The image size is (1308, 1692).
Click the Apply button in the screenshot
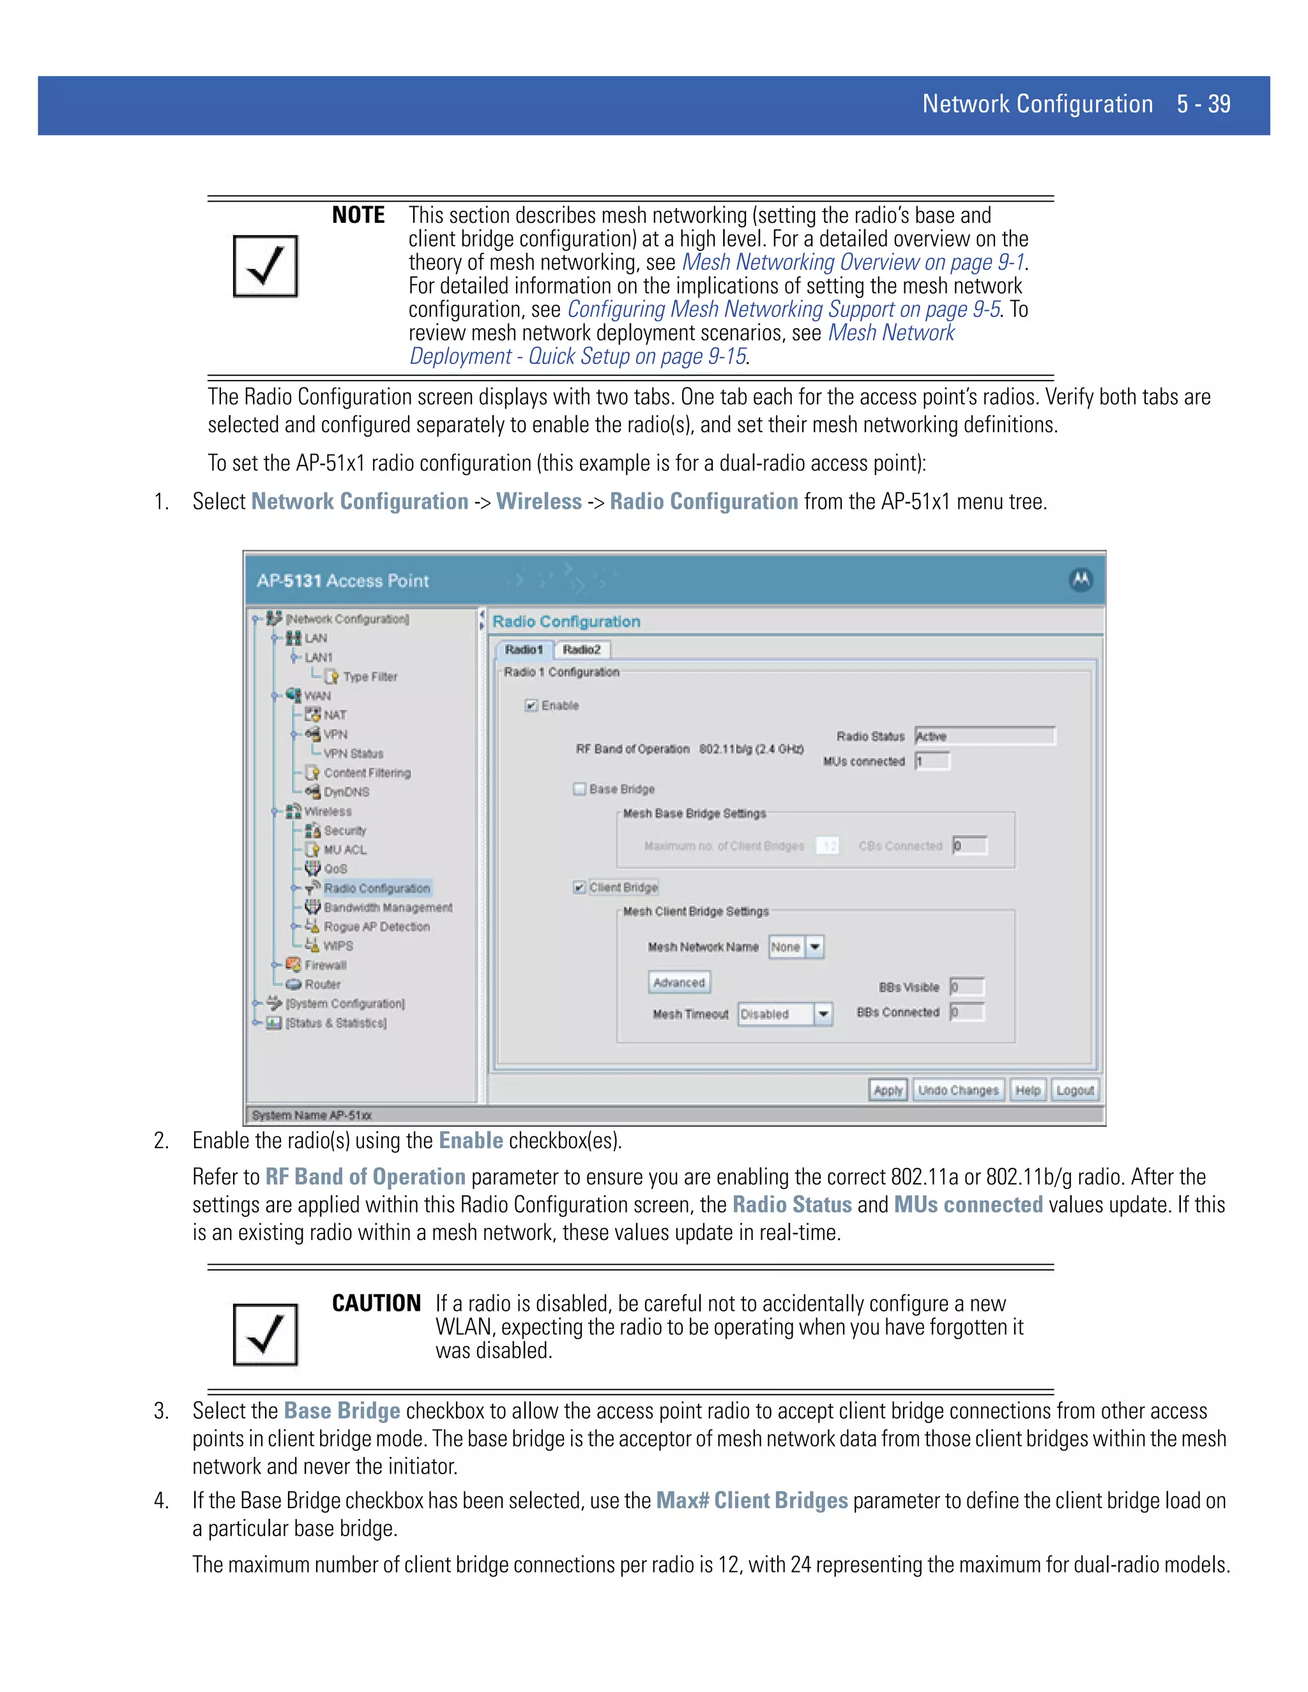pos(887,1090)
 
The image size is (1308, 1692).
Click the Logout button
pos(1075,1090)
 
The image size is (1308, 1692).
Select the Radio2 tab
pos(582,649)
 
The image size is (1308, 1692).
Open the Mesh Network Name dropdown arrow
pos(814,947)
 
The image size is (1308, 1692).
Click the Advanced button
pos(679,983)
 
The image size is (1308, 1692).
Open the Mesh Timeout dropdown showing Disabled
pos(823,1013)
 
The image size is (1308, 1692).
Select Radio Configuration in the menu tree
pos(377,888)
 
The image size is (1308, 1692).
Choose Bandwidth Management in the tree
pos(388,907)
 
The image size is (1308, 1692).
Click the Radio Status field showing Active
pos(984,736)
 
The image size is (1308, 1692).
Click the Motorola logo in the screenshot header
pos(1081,580)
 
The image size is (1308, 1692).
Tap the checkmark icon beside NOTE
pos(266,266)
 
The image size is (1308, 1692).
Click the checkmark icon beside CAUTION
pos(266,1334)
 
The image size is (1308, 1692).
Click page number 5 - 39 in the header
pos(1203,105)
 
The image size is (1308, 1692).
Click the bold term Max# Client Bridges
pos(752,1500)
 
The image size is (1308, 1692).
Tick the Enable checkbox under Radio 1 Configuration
pos(531,705)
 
